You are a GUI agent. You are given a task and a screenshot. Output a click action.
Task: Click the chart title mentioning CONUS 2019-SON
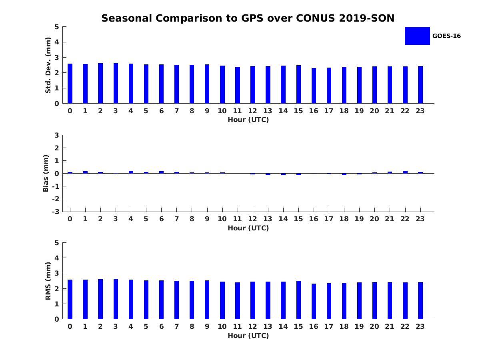point(248,18)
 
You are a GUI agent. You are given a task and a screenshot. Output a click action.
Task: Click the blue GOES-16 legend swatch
point(417,36)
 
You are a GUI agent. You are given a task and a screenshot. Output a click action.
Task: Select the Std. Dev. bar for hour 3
point(116,83)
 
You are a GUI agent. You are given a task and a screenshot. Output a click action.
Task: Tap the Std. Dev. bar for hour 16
point(314,86)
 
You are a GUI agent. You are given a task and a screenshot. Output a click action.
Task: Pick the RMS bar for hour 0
point(70,299)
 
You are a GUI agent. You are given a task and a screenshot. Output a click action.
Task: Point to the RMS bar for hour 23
point(420,300)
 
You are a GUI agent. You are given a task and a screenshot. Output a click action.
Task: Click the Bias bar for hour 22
point(405,172)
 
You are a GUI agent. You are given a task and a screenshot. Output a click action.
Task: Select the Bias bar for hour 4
point(131,172)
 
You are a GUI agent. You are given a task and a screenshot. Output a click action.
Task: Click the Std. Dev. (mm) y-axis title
point(48,65)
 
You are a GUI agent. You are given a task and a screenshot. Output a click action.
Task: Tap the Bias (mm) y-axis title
point(46,173)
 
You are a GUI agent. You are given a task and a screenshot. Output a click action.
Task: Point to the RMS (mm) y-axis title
point(48,281)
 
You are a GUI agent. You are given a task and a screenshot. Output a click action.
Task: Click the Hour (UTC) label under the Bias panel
point(248,228)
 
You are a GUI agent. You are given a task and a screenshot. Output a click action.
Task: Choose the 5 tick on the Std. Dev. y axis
point(57,27)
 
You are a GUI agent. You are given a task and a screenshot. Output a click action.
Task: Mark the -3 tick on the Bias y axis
point(56,212)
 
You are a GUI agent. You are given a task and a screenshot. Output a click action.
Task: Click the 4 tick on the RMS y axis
point(57,258)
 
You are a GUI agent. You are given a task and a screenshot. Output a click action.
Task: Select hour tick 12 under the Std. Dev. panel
point(252,111)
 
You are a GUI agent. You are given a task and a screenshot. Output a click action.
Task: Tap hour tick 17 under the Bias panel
point(328,219)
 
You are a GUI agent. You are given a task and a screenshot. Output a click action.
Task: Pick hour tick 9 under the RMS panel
point(207,326)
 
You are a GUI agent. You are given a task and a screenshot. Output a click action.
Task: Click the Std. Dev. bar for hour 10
point(222,84)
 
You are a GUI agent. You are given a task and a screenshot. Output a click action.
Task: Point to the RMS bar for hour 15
point(298,300)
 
